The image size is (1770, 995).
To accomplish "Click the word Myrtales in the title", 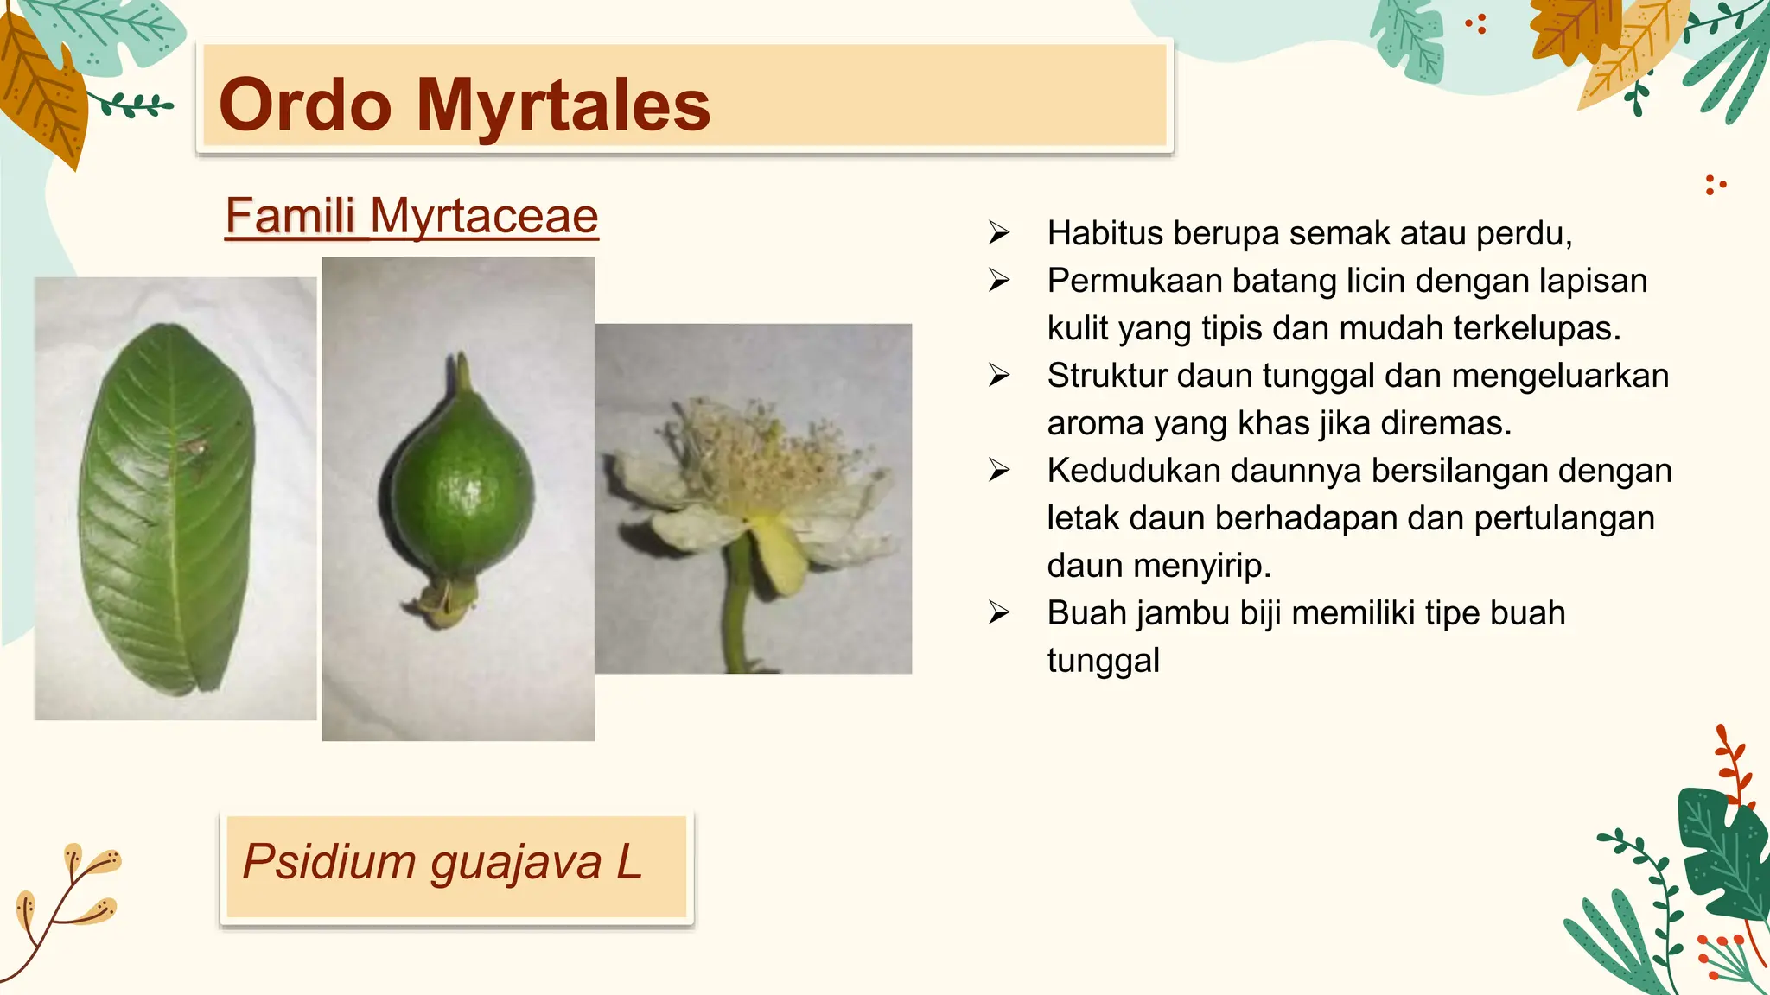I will click(563, 105).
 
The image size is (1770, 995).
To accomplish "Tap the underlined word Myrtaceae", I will click(484, 216).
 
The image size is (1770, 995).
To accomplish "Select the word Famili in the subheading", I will click(290, 216).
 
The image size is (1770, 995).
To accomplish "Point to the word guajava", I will click(516, 863).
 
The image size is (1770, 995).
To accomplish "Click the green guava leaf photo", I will click(168, 510).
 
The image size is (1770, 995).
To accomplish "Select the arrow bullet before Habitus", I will click(999, 233).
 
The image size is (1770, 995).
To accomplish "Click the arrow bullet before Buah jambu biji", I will click(999, 613).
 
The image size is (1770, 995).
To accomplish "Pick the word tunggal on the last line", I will click(1103, 661).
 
